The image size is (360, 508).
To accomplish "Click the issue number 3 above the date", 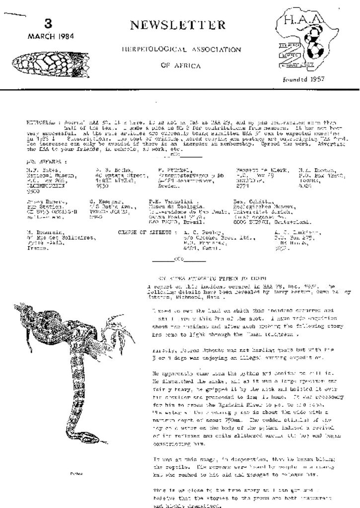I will click(x=48, y=24).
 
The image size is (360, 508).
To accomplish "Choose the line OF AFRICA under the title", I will click(x=181, y=65).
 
